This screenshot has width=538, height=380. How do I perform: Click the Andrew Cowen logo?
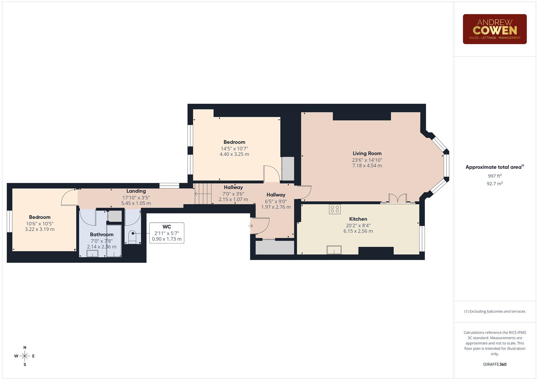click(x=494, y=29)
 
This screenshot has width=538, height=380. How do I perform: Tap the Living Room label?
click(x=367, y=153)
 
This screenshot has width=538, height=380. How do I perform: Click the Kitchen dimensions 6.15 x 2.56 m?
click(x=358, y=231)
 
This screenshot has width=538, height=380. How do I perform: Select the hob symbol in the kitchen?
click(x=335, y=209)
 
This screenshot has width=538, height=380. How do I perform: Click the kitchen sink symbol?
click(x=334, y=249)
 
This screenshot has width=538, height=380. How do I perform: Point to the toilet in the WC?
click(x=132, y=237)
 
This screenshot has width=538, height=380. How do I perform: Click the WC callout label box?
click(x=167, y=233)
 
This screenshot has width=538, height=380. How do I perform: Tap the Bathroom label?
click(x=101, y=234)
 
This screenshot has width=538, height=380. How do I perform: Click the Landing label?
click(x=136, y=191)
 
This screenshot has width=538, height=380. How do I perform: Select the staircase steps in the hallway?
click(x=203, y=194)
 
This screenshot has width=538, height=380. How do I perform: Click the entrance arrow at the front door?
click(x=251, y=226)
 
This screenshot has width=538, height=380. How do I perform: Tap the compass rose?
click(x=25, y=356)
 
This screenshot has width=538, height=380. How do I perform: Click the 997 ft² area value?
click(x=494, y=176)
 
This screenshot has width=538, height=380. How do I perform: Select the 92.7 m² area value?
click(x=494, y=184)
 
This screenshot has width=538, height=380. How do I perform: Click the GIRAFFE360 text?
click(x=494, y=365)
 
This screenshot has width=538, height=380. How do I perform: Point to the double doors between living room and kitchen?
click(x=398, y=199)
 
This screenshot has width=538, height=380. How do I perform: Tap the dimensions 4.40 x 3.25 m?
click(x=234, y=154)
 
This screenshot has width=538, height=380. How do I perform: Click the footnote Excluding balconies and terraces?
click(x=494, y=311)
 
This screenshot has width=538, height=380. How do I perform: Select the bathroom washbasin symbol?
click(x=92, y=254)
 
